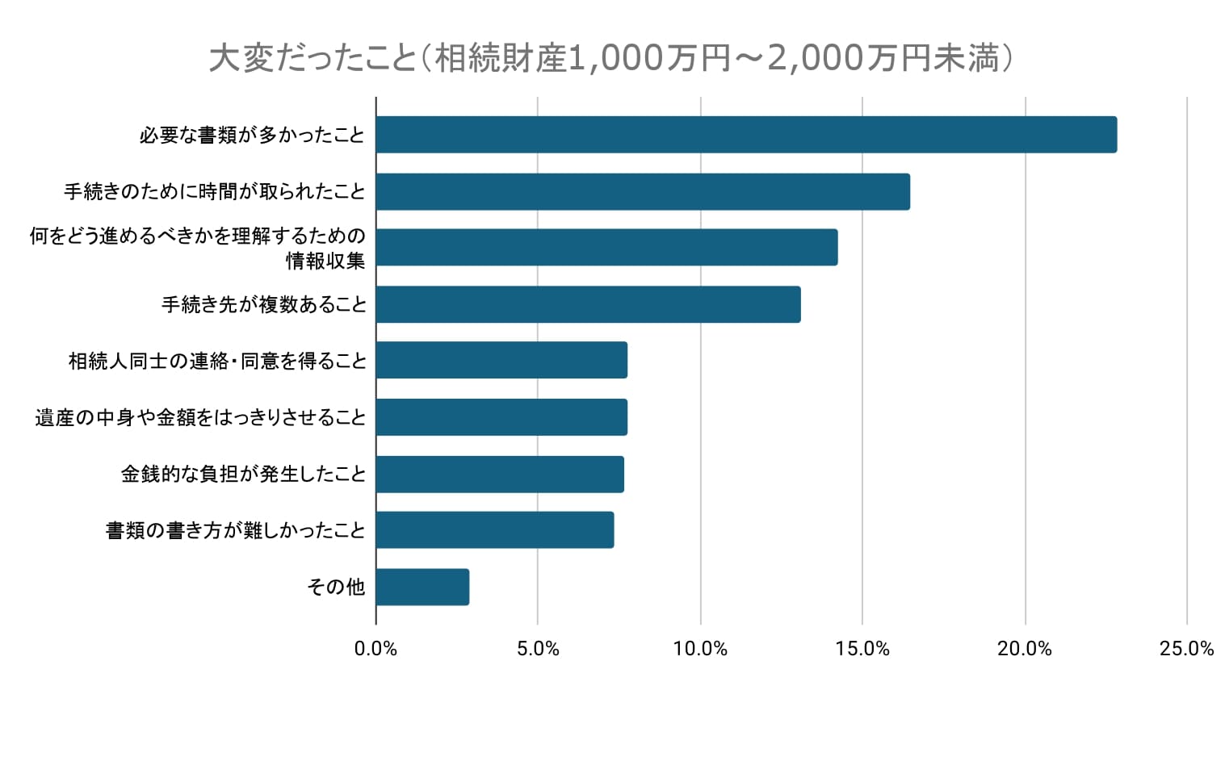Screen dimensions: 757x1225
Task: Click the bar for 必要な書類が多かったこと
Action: pyautogui.click(x=746, y=135)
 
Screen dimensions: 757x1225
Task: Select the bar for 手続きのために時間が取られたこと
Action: pyautogui.click(x=643, y=192)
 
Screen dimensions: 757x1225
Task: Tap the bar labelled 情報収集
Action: pyautogui.click(x=606, y=248)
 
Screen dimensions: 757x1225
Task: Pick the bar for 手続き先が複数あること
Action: pyautogui.click(x=588, y=304)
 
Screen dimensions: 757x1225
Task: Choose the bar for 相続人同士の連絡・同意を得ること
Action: pyautogui.click(x=501, y=360)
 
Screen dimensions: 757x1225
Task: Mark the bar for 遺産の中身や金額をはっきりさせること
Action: pyautogui.click(x=501, y=417)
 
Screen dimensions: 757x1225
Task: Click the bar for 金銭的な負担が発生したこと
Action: pyautogui.click(x=500, y=474)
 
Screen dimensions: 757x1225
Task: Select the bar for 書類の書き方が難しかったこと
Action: pyautogui.click(x=495, y=530)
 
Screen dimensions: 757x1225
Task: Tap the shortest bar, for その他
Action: pyautogui.click(x=422, y=587)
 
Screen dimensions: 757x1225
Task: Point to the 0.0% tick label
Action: pyautogui.click(x=375, y=649)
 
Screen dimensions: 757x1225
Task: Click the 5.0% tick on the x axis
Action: pyautogui.click(x=538, y=649)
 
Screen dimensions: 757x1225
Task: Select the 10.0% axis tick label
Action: pyautogui.click(x=700, y=649)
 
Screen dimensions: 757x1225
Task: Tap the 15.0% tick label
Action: pyautogui.click(x=862, y=649)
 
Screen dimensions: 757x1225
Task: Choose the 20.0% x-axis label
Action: pyautogui.click(x=1025, y=649)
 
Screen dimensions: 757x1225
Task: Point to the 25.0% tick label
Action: pyautogui.click(x=1186, y=649)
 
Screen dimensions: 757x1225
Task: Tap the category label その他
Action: pyautogui.click(x=336, y=587)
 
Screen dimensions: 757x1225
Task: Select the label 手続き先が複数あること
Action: pyautogui.click(x=264, y=304)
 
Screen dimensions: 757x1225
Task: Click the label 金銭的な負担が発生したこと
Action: pyautogui.click(x=243, y=474)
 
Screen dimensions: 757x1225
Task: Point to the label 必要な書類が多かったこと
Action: pyautogui.click(x=252, y=135)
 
